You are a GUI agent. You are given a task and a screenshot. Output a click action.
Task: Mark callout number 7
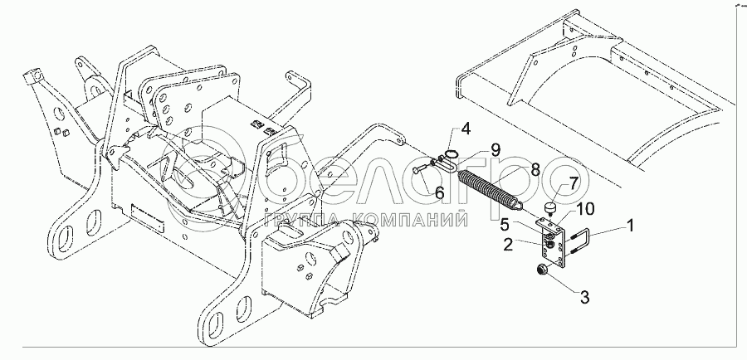click(572, 183)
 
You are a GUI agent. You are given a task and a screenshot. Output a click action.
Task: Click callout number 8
click(535, 169)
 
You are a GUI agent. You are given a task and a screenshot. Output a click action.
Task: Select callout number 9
click(494, 149)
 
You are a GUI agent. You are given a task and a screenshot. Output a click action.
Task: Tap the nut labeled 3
click(540, 270)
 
